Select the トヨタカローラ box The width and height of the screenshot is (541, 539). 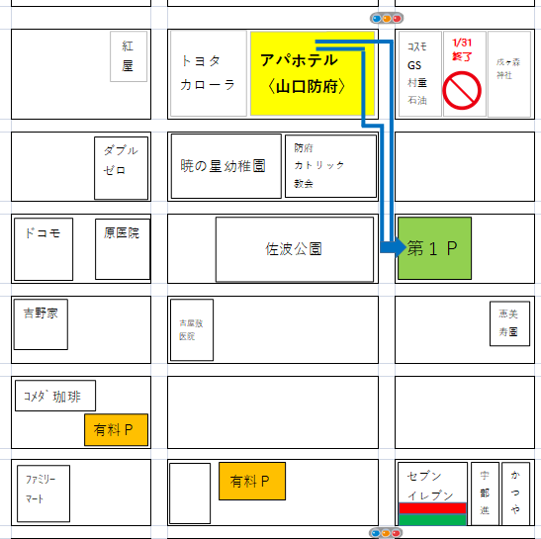[x=208, y=72]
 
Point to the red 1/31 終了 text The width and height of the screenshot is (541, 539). [x=462, y=50]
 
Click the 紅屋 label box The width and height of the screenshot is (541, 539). [x=129, y=56]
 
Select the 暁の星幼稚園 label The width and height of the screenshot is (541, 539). [x=225, y=165]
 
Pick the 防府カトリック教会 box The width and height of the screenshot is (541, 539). [x=330, y=165]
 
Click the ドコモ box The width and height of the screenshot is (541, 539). [x=44, y=249]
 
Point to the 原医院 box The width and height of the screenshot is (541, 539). [x=123, y=249]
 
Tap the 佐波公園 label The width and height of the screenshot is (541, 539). [x=294, y=249]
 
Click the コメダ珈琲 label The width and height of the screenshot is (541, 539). [x=55, y=397]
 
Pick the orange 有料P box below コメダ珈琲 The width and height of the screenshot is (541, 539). [x=116, y=430]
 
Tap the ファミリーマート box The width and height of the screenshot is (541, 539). [x=44, y=491]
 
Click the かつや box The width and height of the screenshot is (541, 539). [x=515, y=492]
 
